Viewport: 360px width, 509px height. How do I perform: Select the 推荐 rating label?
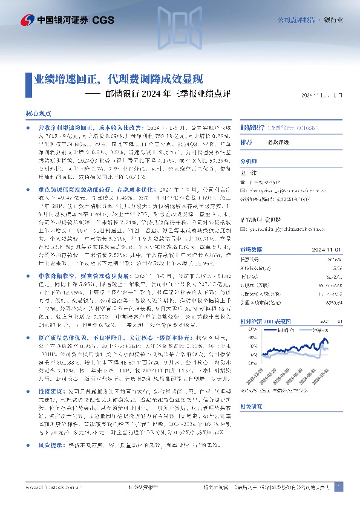(246, 142)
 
